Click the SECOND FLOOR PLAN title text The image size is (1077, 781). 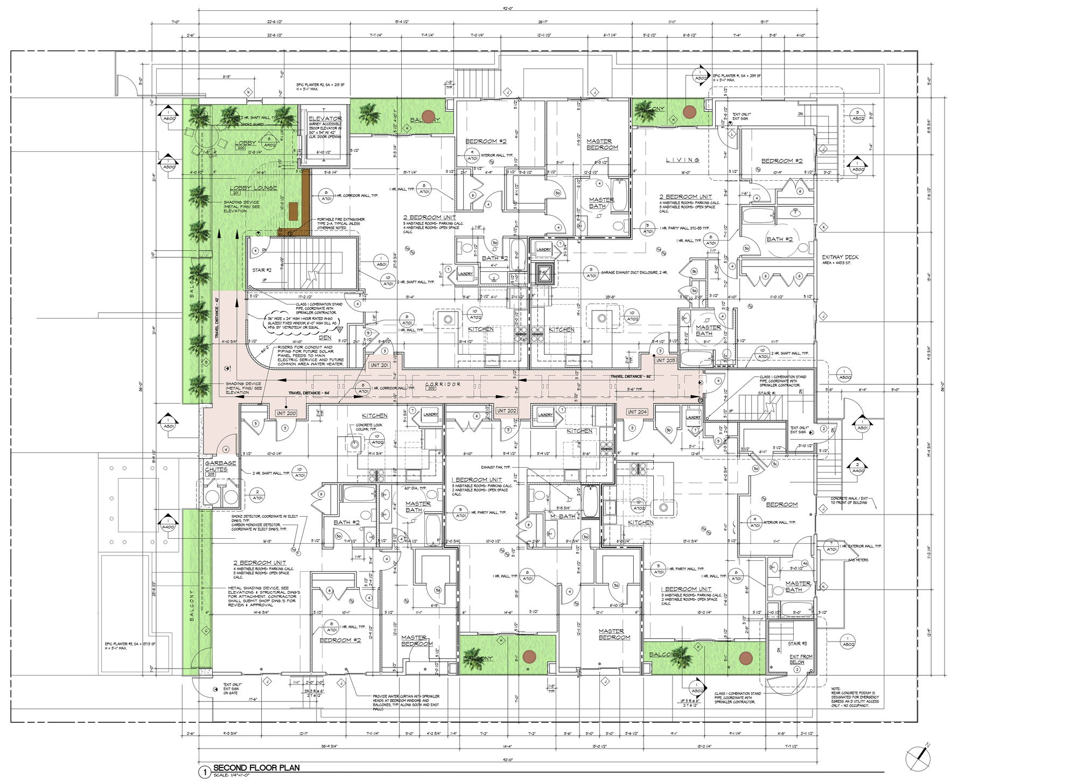[256, 768]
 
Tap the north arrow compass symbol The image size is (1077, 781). [918, 759]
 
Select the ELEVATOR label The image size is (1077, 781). [325, 118]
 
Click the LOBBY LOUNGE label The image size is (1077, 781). [254, 188]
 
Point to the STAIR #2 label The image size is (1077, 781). [262, 270]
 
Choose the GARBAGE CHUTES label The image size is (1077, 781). [220, 466]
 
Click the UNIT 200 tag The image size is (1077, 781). [286, 413]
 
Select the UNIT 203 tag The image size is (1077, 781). [666, 361]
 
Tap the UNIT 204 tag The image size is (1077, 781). [637, 412]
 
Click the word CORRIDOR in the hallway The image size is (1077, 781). [443, 384]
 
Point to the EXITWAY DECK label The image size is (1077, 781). [840, 257]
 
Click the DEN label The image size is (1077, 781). [325, 337]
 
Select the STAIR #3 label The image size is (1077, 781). [798, 643]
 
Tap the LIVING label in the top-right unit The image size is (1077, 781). [682, 160]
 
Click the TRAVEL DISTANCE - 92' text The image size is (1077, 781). [631, 377]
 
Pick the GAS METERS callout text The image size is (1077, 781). [858, 560]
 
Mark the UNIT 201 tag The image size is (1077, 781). [380, 365]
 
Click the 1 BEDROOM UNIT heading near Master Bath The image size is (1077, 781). [688, 589]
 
